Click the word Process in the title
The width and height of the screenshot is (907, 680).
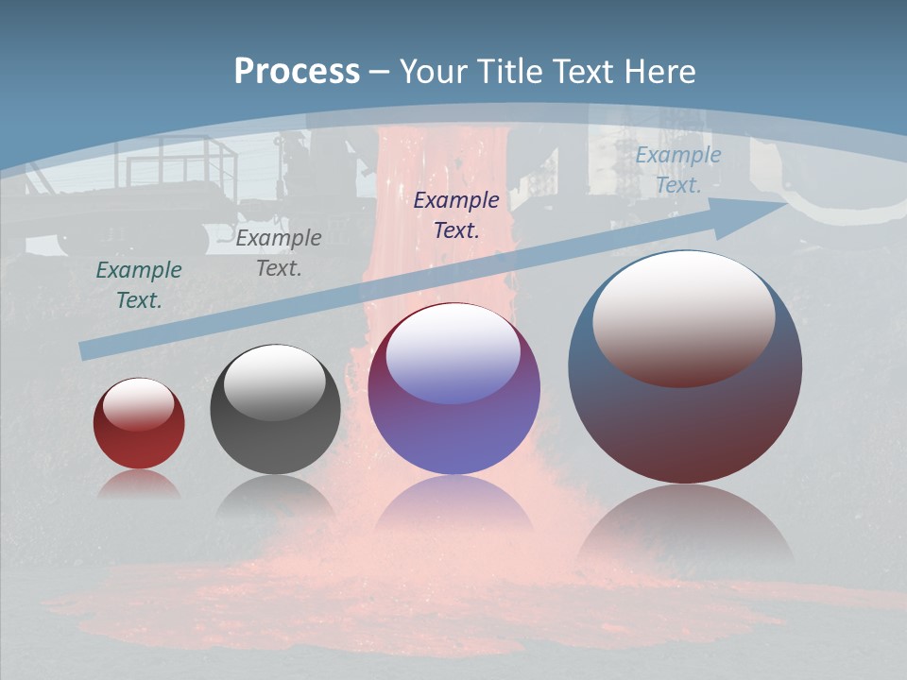tap(297, 72)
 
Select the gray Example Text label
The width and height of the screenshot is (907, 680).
tap(279, 253)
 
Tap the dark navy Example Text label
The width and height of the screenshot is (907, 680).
tap(456, 214)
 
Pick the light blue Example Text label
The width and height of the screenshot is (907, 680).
tap(678, 170)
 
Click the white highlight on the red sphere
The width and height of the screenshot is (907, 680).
tap(138, 404)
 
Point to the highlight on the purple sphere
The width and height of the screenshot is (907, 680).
tap(453, 355)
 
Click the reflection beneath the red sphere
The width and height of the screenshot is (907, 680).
tap(139, 484)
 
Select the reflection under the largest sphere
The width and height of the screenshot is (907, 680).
tap(685, 529)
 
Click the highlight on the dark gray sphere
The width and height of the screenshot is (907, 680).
tap(275, 382)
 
